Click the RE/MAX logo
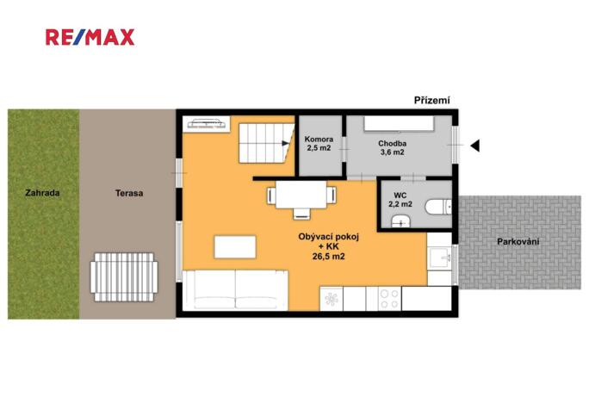[90, 37]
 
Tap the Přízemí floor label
[431, 100]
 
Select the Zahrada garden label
[42, 193]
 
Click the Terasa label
[129, 193]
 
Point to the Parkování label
[518, 242]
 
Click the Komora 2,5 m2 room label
[319, 143]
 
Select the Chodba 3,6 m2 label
[392, 147]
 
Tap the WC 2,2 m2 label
[400, 200]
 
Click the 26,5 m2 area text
[329, 257]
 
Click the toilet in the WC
[438, 207]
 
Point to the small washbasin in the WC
[400, 221]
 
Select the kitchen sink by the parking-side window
[439, 258]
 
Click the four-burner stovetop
[389, 299]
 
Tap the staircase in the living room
[266, 143]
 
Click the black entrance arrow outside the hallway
[475, 145]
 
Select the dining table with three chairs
[301, 198]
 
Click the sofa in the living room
[235, 289]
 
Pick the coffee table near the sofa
[235, 247]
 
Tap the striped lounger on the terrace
[124, 277]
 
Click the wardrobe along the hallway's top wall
[399, 124]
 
